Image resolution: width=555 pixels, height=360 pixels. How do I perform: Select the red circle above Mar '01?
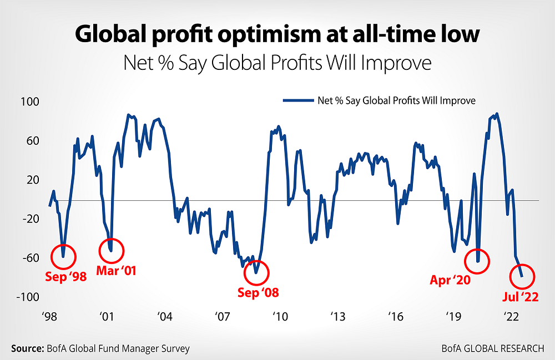112,250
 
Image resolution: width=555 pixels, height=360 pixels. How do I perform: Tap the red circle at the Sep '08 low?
256,272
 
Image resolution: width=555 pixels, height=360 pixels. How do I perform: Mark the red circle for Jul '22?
522,276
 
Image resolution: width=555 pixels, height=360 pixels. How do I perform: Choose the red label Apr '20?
450,280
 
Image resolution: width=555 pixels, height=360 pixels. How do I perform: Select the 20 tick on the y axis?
34,180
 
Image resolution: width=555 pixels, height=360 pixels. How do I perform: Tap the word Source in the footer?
27,348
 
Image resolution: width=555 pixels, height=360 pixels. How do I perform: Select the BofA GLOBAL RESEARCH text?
493,348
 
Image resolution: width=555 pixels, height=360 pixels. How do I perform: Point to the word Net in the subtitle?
139,62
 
